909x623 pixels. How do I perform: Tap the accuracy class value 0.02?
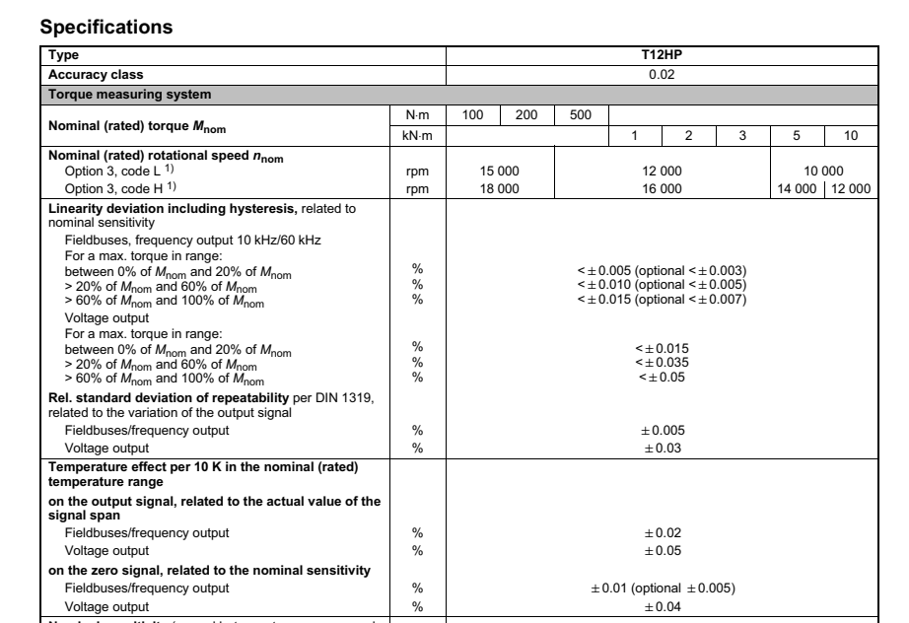[662, 74]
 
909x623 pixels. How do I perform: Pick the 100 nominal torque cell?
[472, 115]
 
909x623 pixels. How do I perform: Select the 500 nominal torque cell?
[581, 115]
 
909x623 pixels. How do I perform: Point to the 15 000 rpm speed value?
[499, 171]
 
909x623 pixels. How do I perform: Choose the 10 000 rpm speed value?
[823, 171]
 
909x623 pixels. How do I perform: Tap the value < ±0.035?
[662, 362]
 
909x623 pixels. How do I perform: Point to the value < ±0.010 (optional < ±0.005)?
[662, 285]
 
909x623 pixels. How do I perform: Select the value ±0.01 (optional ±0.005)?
[662, 588]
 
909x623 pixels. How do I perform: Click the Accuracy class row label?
[88, 74]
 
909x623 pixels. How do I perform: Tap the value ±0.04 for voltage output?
[662, 605]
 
